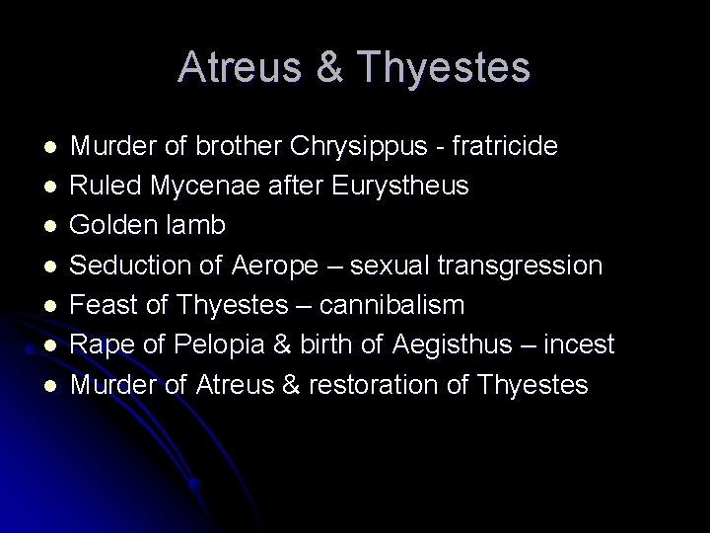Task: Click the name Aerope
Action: tap(273, 266)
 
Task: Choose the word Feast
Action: tap(105, 305)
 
